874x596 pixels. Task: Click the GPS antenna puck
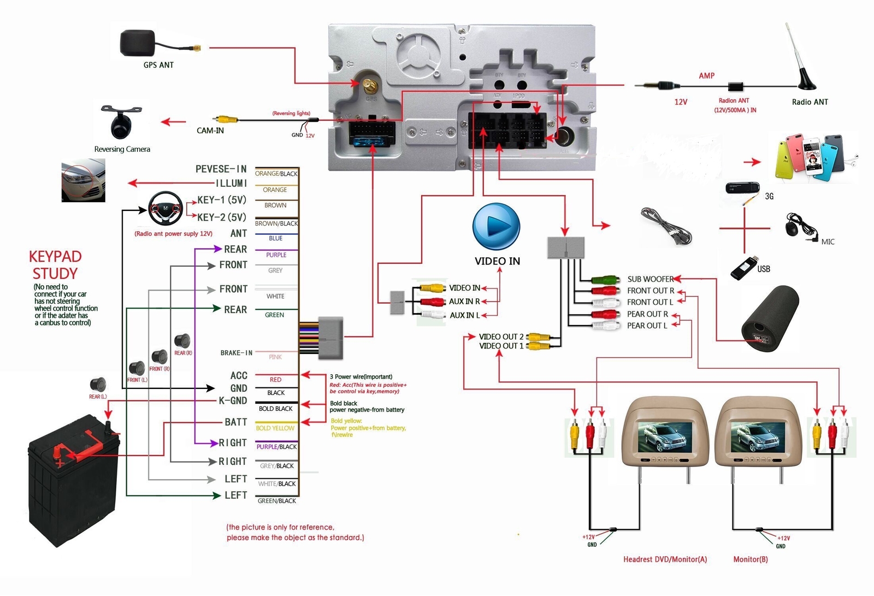[138, 43]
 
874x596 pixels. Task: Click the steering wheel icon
[166, 208]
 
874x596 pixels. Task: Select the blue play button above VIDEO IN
[496, 226]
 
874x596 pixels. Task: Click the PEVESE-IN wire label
[221, 169]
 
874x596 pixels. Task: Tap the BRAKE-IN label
[236, 353]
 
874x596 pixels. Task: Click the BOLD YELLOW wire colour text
[275, 428]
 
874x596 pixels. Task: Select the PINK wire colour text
[275, 357]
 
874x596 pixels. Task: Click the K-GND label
[233, 400]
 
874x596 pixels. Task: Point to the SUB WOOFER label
[650, 279]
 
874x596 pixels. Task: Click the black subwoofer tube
[769, 320]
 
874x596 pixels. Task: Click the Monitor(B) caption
[750, 559]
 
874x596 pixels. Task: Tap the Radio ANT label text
[810, 102]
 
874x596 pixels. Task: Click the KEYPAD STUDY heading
[55, 265]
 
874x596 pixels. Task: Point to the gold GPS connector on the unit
[369, 85]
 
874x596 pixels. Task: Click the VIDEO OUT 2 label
[501, 337]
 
